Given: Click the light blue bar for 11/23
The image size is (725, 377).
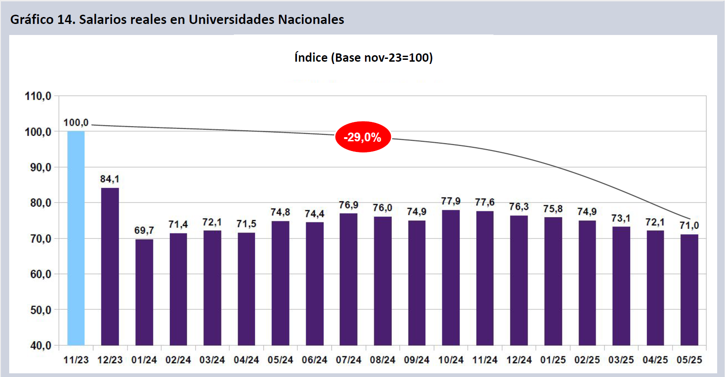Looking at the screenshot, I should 76,238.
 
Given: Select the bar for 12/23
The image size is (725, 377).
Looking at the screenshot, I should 110,267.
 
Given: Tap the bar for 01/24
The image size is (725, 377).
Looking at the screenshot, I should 144,292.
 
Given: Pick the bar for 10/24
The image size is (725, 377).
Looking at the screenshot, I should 451,278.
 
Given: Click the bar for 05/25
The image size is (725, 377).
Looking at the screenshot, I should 689,290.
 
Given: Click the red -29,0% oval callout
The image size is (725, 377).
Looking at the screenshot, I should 363,137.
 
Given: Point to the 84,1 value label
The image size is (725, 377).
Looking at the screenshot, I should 110,179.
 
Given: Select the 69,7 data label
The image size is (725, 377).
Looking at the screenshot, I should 144,230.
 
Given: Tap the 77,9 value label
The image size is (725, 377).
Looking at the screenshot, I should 451,201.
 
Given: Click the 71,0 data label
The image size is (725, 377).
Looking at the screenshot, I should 689,226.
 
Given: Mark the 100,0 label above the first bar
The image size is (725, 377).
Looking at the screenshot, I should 76,123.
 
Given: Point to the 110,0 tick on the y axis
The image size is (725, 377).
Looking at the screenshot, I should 38,96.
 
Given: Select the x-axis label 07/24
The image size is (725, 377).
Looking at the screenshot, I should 348,360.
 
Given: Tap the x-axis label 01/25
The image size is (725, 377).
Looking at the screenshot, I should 553,360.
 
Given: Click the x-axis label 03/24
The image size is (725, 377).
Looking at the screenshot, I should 212,360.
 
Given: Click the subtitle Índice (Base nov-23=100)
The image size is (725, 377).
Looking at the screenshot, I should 363,58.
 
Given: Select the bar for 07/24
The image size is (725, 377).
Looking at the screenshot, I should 348,279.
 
